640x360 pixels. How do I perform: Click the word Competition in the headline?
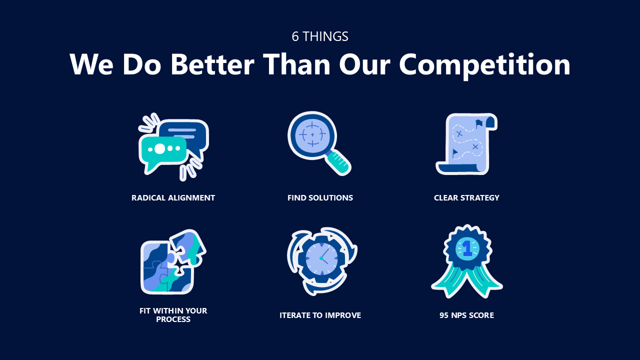(x=484, y=65)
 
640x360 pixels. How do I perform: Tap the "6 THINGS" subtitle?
(x=320, y=36)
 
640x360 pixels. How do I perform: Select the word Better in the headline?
(x=212, y=64)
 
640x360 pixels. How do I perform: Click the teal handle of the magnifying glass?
(x=339, y=163)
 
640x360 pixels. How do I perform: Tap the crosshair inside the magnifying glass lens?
(x=312, y=134)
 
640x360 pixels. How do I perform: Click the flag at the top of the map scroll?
(x=479, y=123)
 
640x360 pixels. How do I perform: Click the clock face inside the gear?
(x=321, y=258)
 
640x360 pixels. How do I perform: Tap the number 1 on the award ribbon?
(x=467, y=248)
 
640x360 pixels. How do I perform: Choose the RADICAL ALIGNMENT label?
(x=173, y=197)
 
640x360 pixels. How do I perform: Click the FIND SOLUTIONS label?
(x=320, y=197)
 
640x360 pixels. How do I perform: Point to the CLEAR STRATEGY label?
(x=466, y=197)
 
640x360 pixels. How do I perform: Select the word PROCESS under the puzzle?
(x=173, y=319)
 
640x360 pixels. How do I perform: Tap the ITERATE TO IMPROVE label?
(x=320, y=315)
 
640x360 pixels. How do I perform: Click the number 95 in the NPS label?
(x=444, y=315)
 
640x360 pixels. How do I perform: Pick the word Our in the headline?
(x=364, y=64)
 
